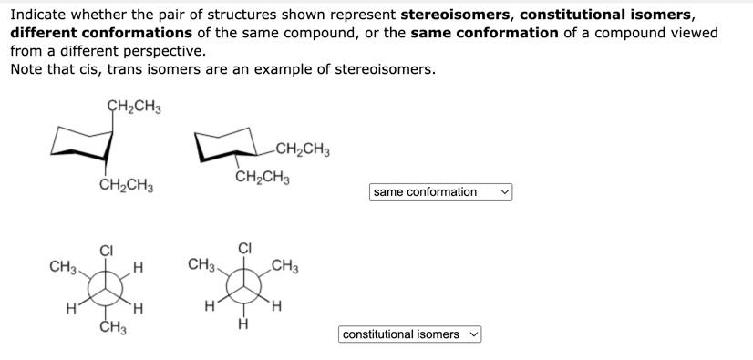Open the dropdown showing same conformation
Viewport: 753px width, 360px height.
(441, 191)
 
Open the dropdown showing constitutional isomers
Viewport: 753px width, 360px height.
(409, 334)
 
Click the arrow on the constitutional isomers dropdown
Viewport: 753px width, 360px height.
(473, 334)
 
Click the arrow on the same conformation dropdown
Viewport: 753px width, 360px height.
(505, 191)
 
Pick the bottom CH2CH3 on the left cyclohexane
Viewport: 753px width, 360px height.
(126, 187)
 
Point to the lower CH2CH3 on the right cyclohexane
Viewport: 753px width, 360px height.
(262, 177)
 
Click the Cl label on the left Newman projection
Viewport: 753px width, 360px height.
(106, 251)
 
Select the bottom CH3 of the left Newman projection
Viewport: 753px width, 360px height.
(112, 328)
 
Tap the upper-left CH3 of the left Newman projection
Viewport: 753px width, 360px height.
(63, 267)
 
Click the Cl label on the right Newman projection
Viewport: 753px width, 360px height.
(244, 248)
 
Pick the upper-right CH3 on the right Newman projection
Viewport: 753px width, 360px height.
(285, 267)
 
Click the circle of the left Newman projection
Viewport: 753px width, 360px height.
(107, 289)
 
